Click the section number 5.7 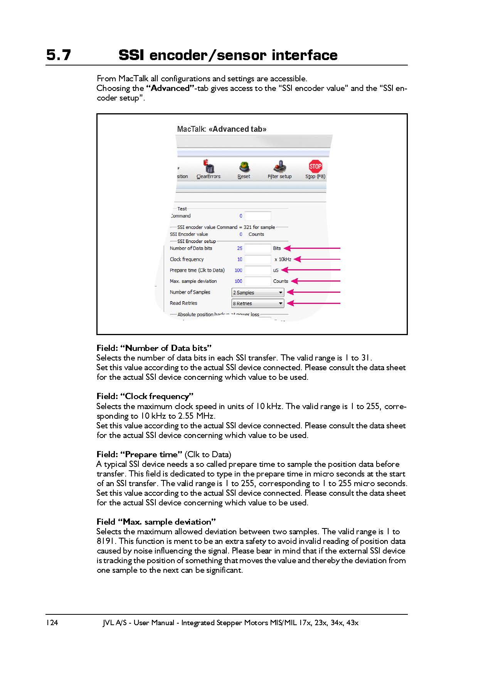(59, 55)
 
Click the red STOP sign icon (315, 166)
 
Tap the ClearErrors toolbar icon (209, 167)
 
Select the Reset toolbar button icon (244, 167)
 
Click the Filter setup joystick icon (280, 167)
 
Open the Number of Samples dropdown (258, 292)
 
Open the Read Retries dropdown (258, 304)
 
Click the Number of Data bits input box (258, 248)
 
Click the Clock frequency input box (258, 259)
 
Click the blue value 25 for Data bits (240, 248)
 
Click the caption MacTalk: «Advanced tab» (222, 129)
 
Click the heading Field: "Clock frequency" (145, 396)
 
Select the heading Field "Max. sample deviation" (156, 522)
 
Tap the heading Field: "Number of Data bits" (154, 348)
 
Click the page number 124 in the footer (52, 622)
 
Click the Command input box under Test (258, 216)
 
